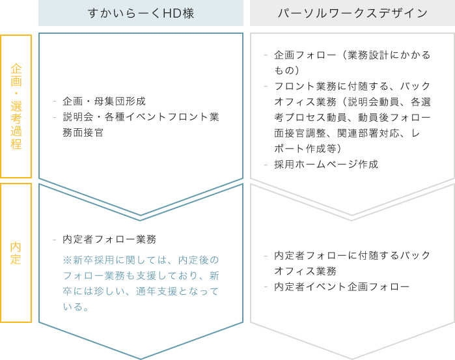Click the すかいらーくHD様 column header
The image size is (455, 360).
point(141,14)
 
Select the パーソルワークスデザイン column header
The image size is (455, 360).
point(353,14)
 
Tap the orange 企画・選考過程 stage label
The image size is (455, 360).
point(16,106)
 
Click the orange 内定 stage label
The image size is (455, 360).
point(16,253)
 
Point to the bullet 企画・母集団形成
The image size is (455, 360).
point(104,102)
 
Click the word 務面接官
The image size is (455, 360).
point(83,133)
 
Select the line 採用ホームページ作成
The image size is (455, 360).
point(326,164)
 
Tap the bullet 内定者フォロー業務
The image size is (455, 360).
point(109,239)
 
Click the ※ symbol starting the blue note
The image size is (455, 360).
point(67,260)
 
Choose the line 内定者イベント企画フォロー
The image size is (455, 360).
point(342,287)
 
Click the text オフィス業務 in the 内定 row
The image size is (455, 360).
point(305,271)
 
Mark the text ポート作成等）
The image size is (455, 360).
point(308,148)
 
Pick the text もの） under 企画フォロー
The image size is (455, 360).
point(287,70)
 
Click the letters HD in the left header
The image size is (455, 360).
point(168,14)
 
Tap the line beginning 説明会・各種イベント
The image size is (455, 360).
point(141,117)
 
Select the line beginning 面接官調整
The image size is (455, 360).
point(347,133)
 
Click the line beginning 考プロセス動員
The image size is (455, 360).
point(352,118)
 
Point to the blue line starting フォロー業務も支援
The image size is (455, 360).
point(141,276)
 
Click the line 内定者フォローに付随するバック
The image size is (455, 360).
point(352,255)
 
